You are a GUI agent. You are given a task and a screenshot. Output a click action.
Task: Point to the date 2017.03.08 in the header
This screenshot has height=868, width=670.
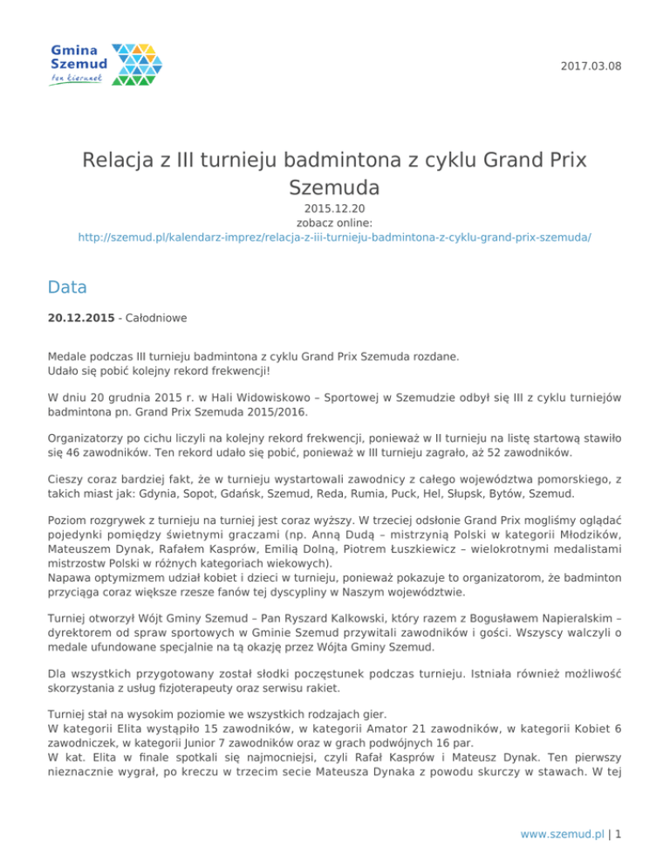[x=590, y=65]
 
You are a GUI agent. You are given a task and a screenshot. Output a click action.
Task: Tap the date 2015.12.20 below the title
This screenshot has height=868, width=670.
[x=335, y=210]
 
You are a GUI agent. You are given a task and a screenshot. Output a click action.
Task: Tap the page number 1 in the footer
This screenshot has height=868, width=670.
[x=618, y=833]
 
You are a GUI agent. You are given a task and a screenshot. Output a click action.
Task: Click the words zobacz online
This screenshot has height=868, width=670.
[x=335, y=223]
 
